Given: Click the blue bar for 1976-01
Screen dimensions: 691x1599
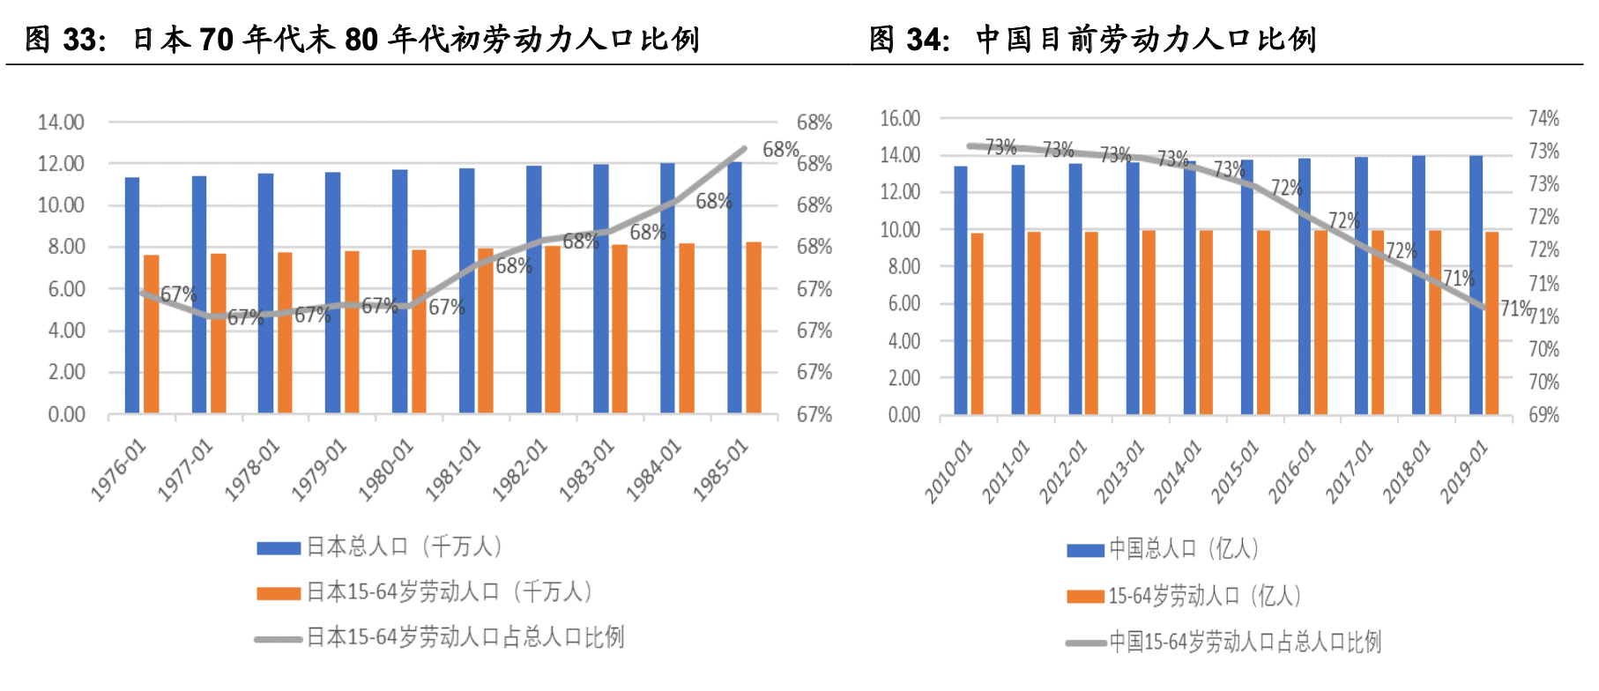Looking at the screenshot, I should pos(132,295).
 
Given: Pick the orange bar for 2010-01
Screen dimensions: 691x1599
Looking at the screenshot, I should pos(977,323).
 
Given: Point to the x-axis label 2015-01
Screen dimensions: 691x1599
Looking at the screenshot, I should pos(1234,472).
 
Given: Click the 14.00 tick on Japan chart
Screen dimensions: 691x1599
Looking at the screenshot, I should pos(61,123).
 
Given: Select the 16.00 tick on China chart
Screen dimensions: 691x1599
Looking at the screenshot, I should pos(900,118).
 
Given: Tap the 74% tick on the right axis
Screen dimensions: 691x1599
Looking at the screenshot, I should pos(1543,118).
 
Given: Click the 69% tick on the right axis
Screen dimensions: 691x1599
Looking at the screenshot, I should pos(1543,414).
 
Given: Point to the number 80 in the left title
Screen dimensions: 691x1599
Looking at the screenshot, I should pos(361,40).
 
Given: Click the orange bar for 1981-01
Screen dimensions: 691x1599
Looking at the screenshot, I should pos(485,331).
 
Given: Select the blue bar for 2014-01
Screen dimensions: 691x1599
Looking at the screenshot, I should pos(1190,287).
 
